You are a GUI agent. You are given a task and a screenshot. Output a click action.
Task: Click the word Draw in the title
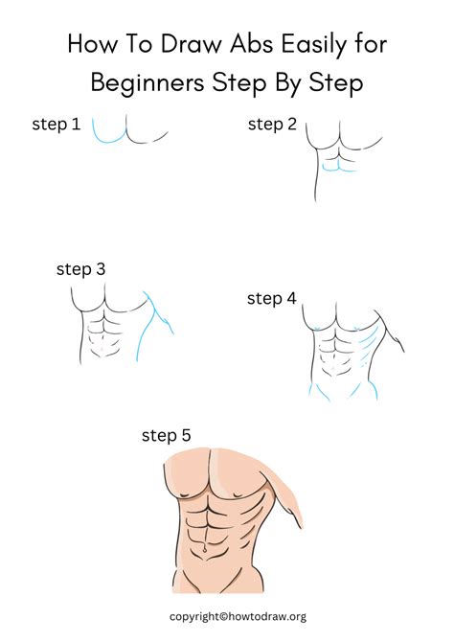[171, 45]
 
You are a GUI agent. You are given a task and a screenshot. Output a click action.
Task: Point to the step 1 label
[57, 124]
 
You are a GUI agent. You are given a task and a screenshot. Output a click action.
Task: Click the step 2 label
[272, 124]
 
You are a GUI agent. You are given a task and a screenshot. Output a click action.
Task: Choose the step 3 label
[81, 270]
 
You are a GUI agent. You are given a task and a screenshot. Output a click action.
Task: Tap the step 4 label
[271, 299]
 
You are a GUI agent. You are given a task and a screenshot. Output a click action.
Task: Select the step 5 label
[166, 436]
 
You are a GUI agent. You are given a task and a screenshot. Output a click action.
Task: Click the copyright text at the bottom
[238, 617]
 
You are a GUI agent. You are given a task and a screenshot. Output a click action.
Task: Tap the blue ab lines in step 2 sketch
[335, 168]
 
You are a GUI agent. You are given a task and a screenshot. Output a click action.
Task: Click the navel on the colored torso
[204, 548]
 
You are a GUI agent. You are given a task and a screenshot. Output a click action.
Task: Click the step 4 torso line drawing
[345, 355]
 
